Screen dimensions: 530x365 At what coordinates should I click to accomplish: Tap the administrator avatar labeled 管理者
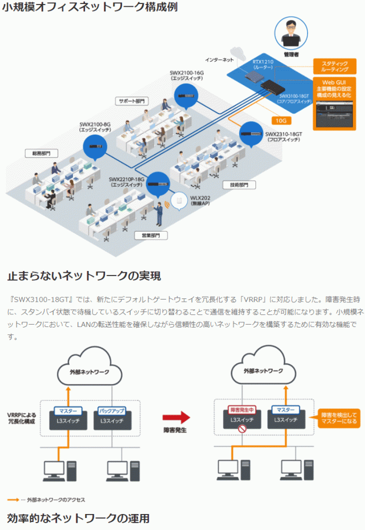tap(291, 33)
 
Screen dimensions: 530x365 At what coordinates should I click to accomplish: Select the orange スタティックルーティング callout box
tap(335, 66)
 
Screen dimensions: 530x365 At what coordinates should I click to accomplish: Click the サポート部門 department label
tap(132, 100)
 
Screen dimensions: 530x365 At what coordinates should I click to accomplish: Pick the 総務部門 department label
tap(38, 153)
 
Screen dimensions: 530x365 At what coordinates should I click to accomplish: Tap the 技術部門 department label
tap(238, 185)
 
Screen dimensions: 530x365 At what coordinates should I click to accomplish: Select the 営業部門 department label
tap(151, 234)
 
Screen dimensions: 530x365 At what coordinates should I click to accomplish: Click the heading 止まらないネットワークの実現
tap(84, 276)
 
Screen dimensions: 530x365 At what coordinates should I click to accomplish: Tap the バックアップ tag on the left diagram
tap(112, 410)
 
